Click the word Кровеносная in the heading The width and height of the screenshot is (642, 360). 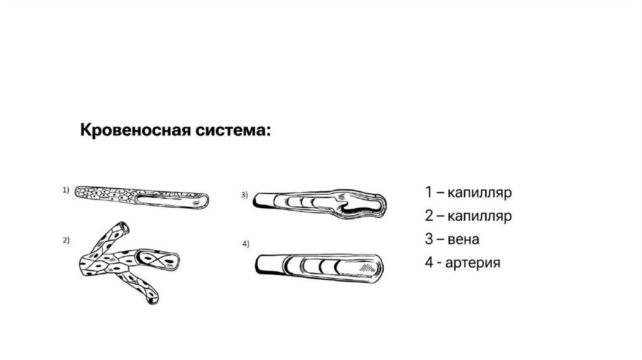(x=135, y=130)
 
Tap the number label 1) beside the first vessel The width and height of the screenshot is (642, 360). (x=66, y=190)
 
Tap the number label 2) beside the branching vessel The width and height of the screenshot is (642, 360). (x=66, y=240)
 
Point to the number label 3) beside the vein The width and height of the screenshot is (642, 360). (x=245, y=195)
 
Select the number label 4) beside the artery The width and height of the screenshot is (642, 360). (x=246, y=244)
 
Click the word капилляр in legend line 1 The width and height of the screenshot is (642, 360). (x=480, y=193)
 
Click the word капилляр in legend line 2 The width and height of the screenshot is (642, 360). (x=480, y=216)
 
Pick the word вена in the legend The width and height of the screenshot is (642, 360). (x=463, y=239)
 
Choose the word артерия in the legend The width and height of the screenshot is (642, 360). (x=473, y=263)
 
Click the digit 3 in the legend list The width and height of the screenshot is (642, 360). (x=429, y=239)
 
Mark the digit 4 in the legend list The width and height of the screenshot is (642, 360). (x=429, y=263)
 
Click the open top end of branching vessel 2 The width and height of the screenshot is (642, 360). (x=124, y=227)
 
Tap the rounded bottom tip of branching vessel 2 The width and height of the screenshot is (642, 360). (x=153, y=300)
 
